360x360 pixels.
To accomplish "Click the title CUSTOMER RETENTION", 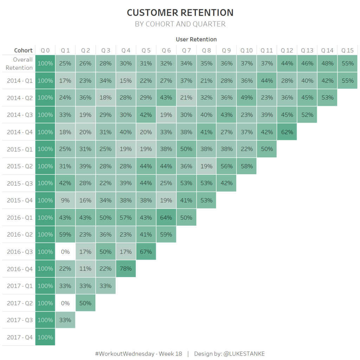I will [x=180, y=13].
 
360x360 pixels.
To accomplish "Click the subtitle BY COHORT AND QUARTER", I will [x=180, y=24].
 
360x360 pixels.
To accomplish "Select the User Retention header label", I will [x=196, y=39].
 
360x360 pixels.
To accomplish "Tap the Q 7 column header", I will [x=186, y=50].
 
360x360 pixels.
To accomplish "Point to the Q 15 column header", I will [x=347, y=50].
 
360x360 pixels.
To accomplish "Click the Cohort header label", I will [x=24, y=50].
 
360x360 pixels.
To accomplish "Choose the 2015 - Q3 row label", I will [x=20, y=183].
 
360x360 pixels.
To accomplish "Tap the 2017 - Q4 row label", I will [x=20, y=337].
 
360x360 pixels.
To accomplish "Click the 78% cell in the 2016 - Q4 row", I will [x=126, y=269].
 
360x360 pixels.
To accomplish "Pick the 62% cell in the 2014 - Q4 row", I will [x=287, y=132].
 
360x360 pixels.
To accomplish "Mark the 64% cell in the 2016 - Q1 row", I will [x=166, y=218].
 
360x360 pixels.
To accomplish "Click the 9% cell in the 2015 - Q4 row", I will [x=65, y=200].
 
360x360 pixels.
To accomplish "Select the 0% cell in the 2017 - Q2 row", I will [x=65, y=303].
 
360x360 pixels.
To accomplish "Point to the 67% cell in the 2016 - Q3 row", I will [x=146, y=252].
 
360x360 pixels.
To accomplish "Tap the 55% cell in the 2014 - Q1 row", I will [x=347, y=81].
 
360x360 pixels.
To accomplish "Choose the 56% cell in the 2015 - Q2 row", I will [x=227, y=166].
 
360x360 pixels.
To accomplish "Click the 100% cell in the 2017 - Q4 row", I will [x=45, y=337].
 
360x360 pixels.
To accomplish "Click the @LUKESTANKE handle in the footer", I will [x=244, y=354].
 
